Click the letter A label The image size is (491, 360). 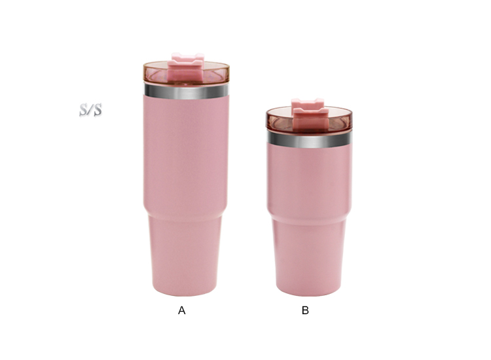pyautogui.click(x=181, y=310)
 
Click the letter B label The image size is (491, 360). pyautogui.click(x=305, y=310)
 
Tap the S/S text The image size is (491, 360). pyautogui.click(x=90, y=110)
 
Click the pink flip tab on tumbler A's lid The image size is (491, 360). pyautogui.click(x=187, y=66)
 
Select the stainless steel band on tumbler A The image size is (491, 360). pyautogui.click(x=187, y=91)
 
